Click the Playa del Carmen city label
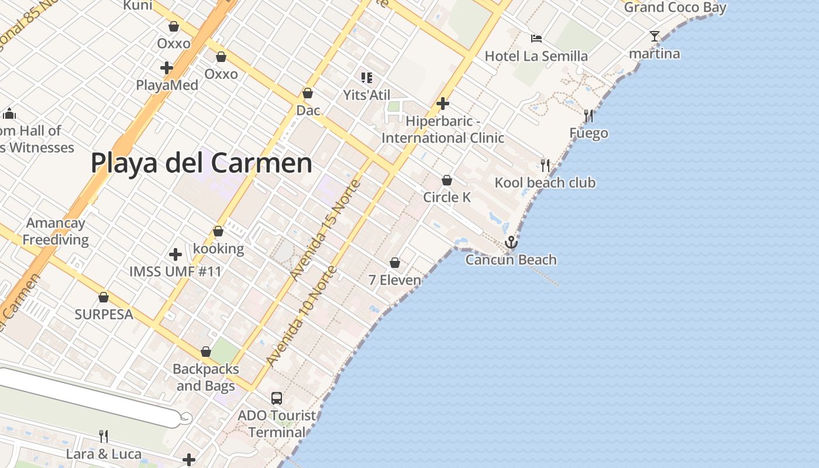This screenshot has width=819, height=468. pos(201,163)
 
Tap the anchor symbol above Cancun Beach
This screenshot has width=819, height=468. pos(511,242)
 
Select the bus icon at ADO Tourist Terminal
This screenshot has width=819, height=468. pos(277,398)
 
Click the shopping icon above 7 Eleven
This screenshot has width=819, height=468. pos(395,263)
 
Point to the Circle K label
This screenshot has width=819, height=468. pos(447,197)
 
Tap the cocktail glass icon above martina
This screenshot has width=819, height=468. pos(655,37)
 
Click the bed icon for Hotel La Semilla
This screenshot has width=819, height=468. pos(536,39)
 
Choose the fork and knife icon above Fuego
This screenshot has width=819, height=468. pos(589,116)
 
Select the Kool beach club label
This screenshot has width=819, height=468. pos(545,183)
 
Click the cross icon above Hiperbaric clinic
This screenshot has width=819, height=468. pos(443,104)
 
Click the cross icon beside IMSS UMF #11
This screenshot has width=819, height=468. pos(175,254)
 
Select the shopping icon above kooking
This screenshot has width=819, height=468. pos(218,232)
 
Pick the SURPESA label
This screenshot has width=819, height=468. pos(104,314)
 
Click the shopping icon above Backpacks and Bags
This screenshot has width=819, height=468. pos(206,352)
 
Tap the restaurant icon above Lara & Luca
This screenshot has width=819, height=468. pos(104,436)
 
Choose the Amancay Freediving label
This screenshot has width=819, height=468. pos(56,231)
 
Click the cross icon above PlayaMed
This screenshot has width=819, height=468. pos(167,68)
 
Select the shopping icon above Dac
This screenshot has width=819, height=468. pos(308,93)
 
